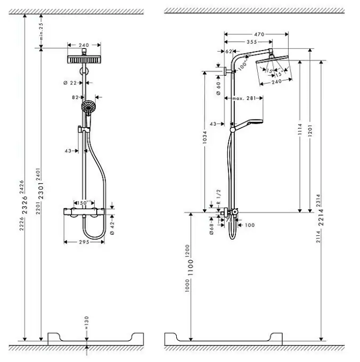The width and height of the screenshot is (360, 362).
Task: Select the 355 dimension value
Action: [251, 42]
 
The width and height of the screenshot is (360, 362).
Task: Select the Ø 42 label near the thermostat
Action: [111, 224]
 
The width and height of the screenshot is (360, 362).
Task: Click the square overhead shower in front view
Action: [84, 59]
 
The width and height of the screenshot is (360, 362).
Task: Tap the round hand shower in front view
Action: [87, 107]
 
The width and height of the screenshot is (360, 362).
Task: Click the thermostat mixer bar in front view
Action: [84, 211]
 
